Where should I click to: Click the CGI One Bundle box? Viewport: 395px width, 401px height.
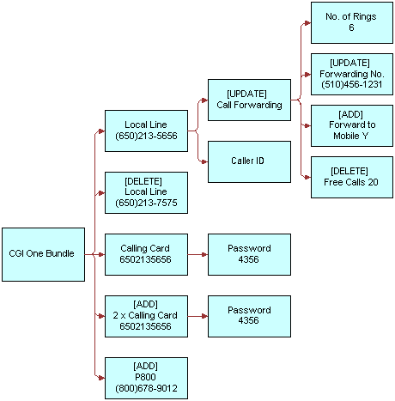click(x=43, y=254)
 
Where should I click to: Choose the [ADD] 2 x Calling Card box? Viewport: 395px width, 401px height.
click(x=144, y=316)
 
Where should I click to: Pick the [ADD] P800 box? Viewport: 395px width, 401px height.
click(x=144, y=378)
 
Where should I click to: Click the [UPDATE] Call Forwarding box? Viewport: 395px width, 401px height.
click(x=249, y=100)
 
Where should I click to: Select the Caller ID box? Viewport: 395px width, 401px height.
click(x=249, y=161)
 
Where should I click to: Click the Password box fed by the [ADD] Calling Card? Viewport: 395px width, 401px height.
click(x=249, y=316)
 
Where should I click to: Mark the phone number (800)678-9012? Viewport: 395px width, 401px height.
click(x=144, y=389)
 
